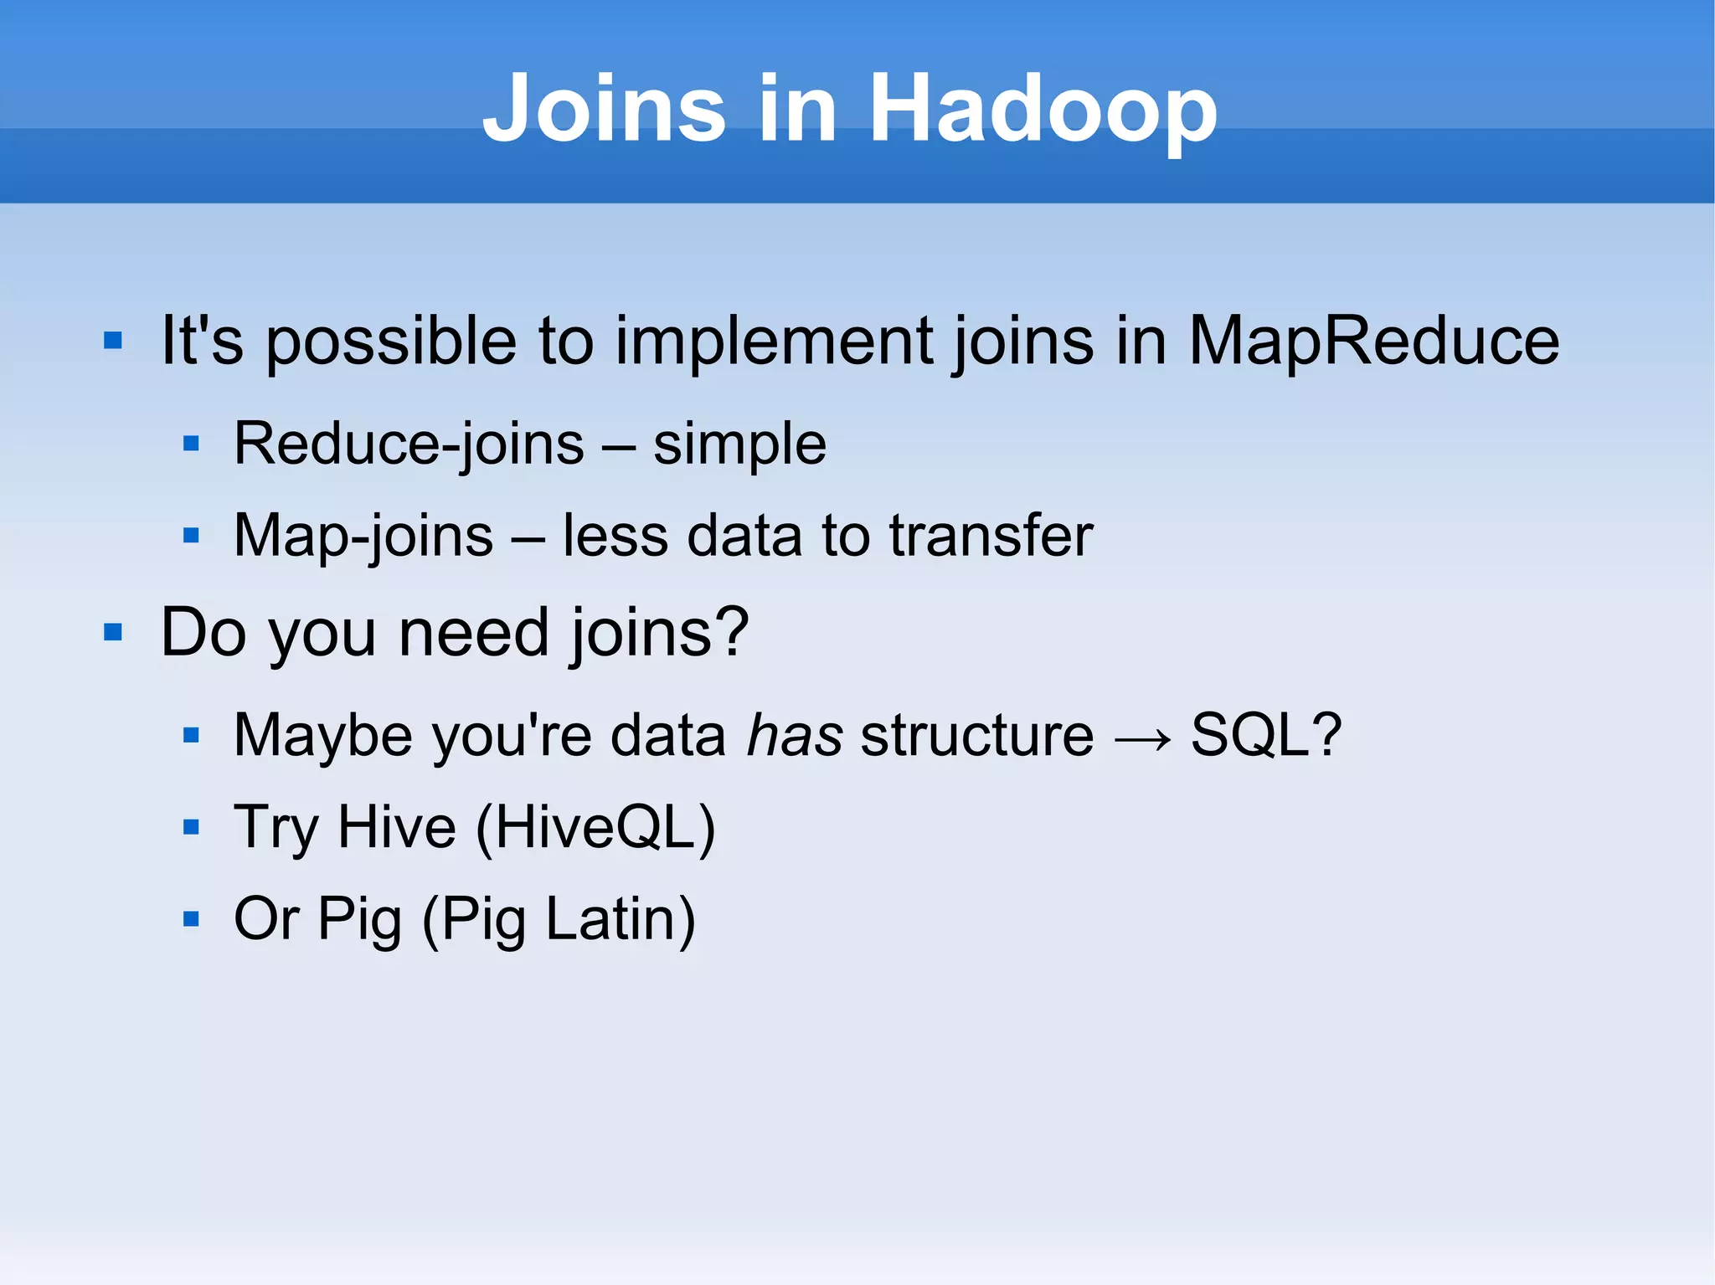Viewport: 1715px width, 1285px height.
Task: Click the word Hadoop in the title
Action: tap(1043, 109)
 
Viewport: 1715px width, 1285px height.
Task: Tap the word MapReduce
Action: tap(1373, 341)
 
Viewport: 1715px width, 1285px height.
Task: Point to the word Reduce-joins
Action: tap(409, 444)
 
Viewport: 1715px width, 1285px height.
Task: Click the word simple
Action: tap(739, 445)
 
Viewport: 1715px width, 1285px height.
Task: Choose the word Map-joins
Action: tap(363, 536)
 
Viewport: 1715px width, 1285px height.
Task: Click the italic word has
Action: tap(794, 735)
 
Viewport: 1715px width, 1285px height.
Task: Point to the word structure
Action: tap(977, 735)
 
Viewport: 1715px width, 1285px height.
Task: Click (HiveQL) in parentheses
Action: tap(595, 827)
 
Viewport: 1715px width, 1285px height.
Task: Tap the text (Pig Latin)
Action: tap(559, 919)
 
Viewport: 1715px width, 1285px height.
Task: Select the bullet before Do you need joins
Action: tap(113, 632)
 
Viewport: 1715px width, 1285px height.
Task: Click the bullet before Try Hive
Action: tap(191, 827)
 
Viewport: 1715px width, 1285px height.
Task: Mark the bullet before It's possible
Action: tap(113, 341)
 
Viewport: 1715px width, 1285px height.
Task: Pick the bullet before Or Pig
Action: tap(191, 919)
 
